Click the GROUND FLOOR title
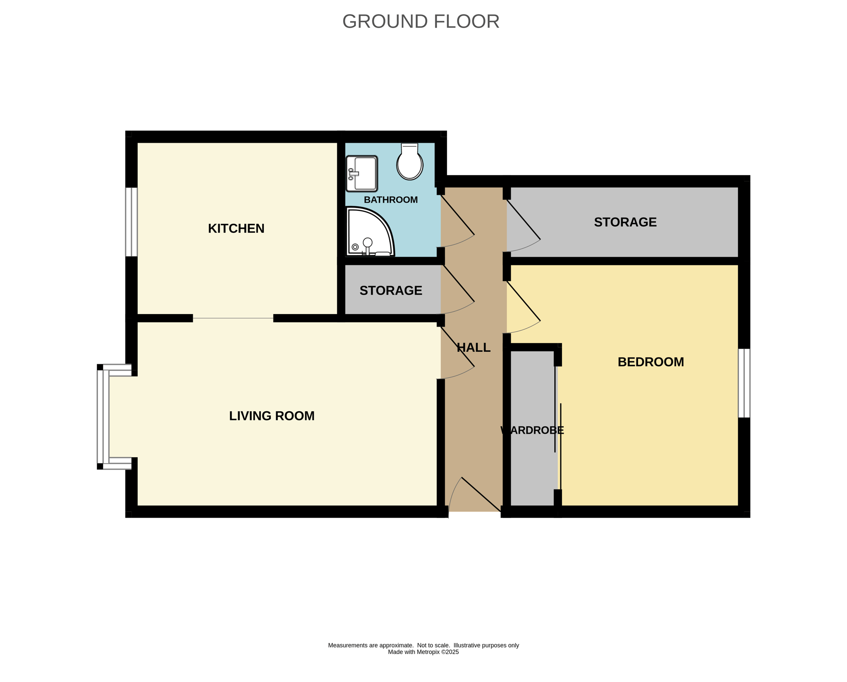[x=421, y=21]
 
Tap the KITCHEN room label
[x=236, y=229]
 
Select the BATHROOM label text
[x=390, y=200]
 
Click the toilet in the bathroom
[x=409, y=162]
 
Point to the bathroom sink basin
[x=362, y=174]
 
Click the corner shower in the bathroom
[x=370, y=231]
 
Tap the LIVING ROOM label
[x=272, y=416]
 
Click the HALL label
[x=474, y=348]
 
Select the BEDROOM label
[x=651, y=362]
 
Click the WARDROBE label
[x=532, y=431]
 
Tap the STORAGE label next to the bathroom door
[x=625, y=222]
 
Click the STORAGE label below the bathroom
[x=390, y=291]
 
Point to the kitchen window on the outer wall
[x=132, y=222]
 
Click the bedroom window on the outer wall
[x=744, y=383]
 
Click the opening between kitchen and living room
[x=233, y=318]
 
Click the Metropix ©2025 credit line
[x=423, y=652]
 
